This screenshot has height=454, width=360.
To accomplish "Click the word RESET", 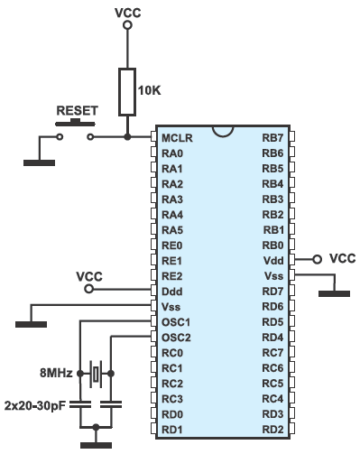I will click(77, 111).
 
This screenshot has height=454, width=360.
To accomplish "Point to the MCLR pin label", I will click(176, 137).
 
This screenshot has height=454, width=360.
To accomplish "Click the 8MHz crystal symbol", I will click(96, 371).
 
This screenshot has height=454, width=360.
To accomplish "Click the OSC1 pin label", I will click(176, 321).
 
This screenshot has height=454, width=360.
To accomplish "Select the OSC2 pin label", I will click(176, 337).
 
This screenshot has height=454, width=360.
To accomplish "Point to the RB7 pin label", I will click(272, 137).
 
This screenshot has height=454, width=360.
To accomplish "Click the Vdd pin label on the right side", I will click(272, 260).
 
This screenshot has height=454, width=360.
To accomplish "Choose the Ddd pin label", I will click(173, 291).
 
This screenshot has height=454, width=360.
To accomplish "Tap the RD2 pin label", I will click(272, 428).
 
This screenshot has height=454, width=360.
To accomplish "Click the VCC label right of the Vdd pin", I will click(342, 258).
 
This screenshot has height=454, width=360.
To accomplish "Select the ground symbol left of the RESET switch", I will click(38, 161).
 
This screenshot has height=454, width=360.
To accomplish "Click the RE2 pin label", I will click(173, 275).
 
